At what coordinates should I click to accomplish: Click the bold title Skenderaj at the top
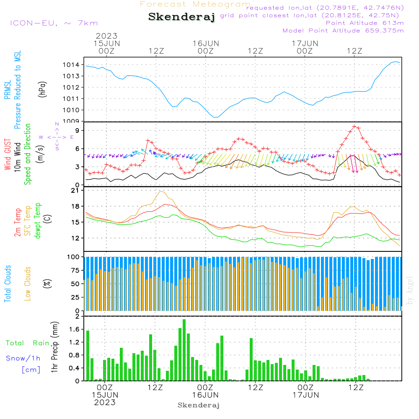(182, 17)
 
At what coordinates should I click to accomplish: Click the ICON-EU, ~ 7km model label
(54, 23)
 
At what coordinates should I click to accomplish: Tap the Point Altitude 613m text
(365, 23)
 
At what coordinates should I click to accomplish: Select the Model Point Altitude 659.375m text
(343, 31)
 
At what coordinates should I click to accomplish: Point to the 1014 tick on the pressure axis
(71, 65)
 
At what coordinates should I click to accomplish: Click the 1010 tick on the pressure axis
(71, 110)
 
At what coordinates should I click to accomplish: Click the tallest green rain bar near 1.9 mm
(184, 350)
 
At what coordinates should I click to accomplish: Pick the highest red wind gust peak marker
(354, 126)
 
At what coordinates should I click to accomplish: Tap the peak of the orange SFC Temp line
(160, 191)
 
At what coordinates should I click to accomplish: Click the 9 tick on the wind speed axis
(77, 130)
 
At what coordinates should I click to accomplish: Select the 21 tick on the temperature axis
(75, 191)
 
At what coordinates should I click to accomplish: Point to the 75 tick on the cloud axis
(73, 270)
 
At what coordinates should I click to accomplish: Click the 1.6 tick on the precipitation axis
(74, 329)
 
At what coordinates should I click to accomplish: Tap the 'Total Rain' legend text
(28, 343)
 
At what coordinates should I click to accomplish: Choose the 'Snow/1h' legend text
(23, 358)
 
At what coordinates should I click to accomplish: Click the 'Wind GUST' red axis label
(8, 155)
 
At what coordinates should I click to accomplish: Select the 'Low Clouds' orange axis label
(27, 284)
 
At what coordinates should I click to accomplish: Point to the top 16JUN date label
(206, 44)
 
